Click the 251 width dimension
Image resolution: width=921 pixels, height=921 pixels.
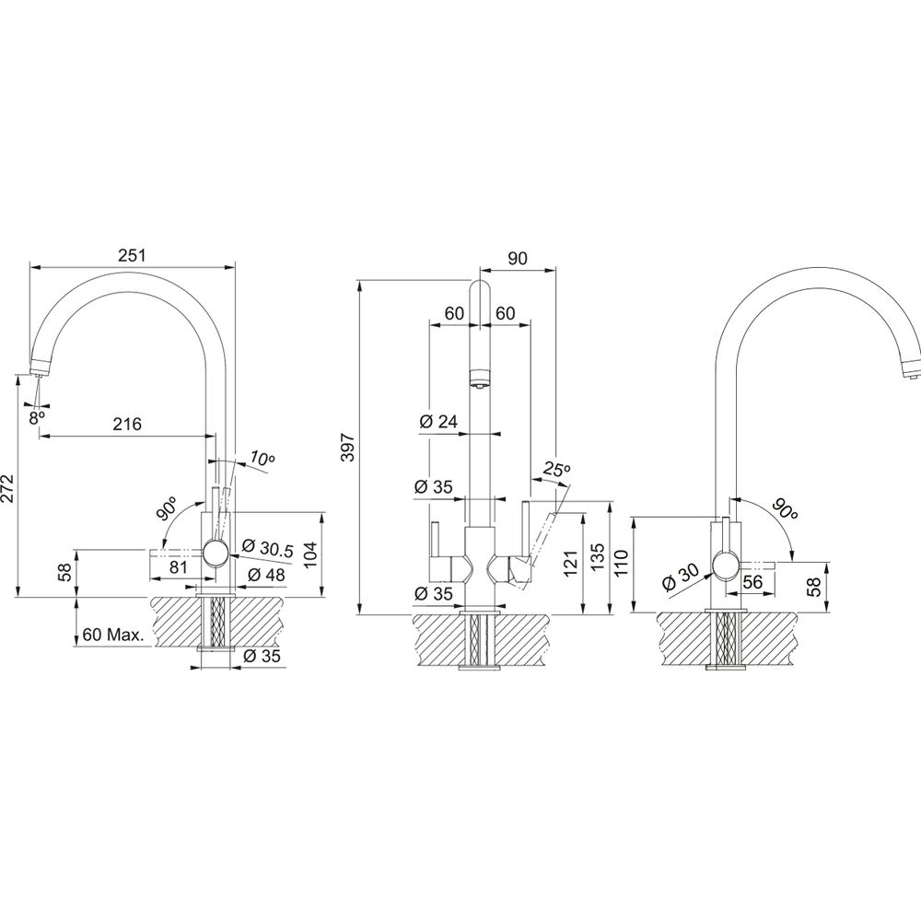pos(132,255)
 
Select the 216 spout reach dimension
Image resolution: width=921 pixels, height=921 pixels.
pos(127,424)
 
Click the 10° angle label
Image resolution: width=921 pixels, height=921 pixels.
pos(262,458)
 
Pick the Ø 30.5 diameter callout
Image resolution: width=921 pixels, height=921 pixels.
pos(267,547)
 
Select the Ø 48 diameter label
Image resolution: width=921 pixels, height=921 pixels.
pos(266,575)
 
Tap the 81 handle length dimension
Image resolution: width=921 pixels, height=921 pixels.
pos(178,566)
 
